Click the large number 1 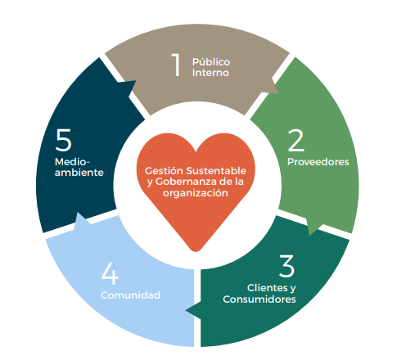[x=177, y=65]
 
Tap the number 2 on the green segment [x=295, y=140]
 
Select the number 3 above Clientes [x=286, y=266]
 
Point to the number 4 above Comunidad [x=110, y=273]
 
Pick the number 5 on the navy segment [x=63, y=140]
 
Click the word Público [x=211, y=62]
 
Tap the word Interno [x=210, y=73]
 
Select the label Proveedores [x=318, y=162]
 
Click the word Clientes [x=264, y=288]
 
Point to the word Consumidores [x=259, y=299]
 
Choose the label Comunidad [x=130, y=295]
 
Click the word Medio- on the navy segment [x=72, y=162]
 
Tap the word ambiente [x=79, y=173]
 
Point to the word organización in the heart [x=196, y=193]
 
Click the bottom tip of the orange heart [x=196, y=251]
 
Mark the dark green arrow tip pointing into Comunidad [x=187, y=310]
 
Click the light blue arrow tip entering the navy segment [x=79, y=214]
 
